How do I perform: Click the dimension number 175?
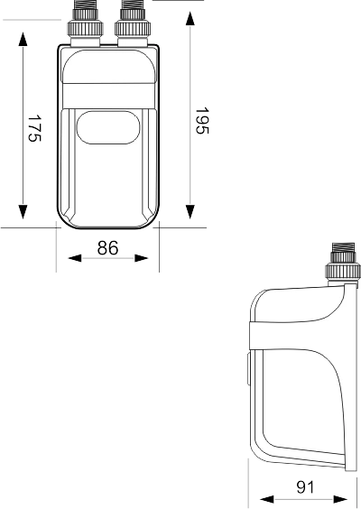click(34, 128)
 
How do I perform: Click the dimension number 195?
click(202, 120)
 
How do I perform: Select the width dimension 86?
click(107, 248)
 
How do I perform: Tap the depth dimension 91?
click(305, 487)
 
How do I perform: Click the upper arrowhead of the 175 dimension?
click(23, 39)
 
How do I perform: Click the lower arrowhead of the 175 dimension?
click(23, 212)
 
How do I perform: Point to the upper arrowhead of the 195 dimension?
click(190, 19)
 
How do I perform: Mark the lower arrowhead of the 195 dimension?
click(190, 212)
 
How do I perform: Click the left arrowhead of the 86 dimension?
click(75, 258)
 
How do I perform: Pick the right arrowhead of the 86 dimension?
click(141, 258)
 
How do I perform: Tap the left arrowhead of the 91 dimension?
click(267, 499)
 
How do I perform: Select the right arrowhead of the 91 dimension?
click(340, 499)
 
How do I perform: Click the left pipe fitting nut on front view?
click(86, 28)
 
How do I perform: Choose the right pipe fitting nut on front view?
click(133, 28)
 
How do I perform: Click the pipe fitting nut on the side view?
click(343, 270)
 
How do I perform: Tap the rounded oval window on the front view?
click(108, 127)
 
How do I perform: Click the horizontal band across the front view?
click(108, 96)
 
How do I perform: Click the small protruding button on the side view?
click(248, 369)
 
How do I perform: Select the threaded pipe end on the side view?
click(343, 247)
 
